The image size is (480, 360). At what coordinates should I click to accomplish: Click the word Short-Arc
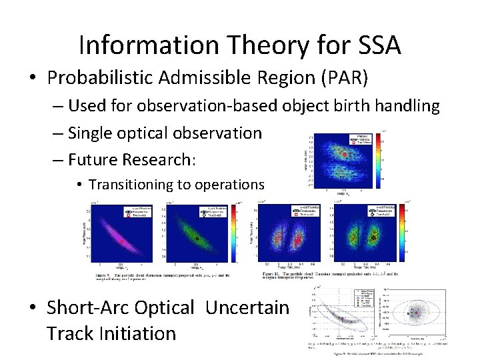(89, 307)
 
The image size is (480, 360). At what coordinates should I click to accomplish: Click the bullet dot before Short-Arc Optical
(33, 308)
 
